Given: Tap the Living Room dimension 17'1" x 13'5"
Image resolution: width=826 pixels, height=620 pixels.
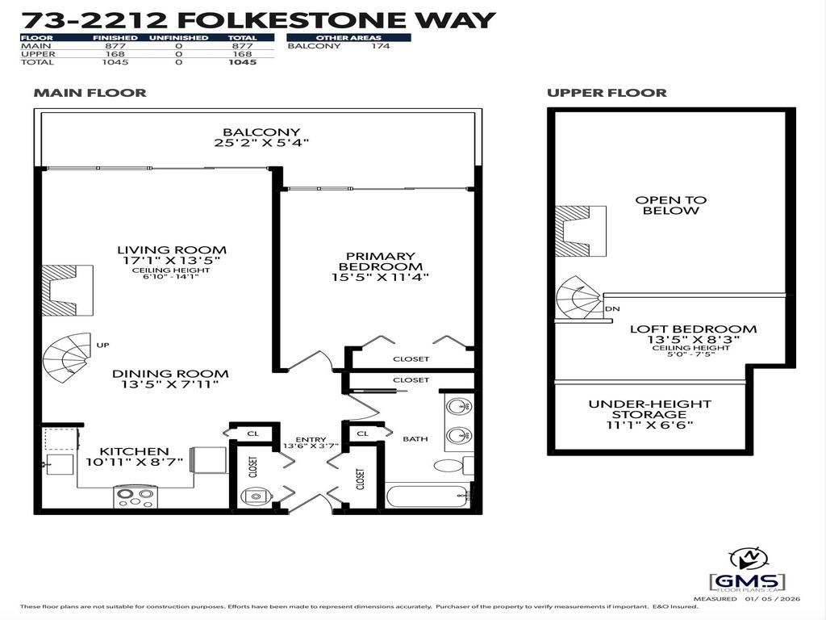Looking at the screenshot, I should [x=171, y=261].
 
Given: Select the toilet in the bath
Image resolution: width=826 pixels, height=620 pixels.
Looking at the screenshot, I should [x=450, y=465].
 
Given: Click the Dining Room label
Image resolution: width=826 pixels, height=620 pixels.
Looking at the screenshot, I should [x=170, y=374].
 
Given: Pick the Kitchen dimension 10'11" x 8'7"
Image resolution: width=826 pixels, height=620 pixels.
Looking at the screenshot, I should [x=135, y=463].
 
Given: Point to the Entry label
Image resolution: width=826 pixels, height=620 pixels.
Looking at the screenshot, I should [x=310, y=439].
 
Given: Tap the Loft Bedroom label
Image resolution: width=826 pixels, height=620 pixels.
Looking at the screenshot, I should [x=693, y=329].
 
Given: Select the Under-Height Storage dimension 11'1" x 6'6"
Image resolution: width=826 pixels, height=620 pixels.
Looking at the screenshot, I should [x=649, y=425].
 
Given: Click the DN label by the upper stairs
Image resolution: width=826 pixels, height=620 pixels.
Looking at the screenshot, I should [x=612, y=308].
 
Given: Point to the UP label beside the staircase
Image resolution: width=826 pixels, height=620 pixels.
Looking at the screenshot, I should [x=102, y=345].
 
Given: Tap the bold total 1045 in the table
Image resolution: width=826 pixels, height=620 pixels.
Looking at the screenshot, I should [x=242, y=62].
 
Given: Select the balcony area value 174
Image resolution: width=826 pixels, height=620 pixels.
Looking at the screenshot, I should [x=381, y=46].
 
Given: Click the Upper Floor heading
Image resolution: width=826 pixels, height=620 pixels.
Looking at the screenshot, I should [x=607, y=93].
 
